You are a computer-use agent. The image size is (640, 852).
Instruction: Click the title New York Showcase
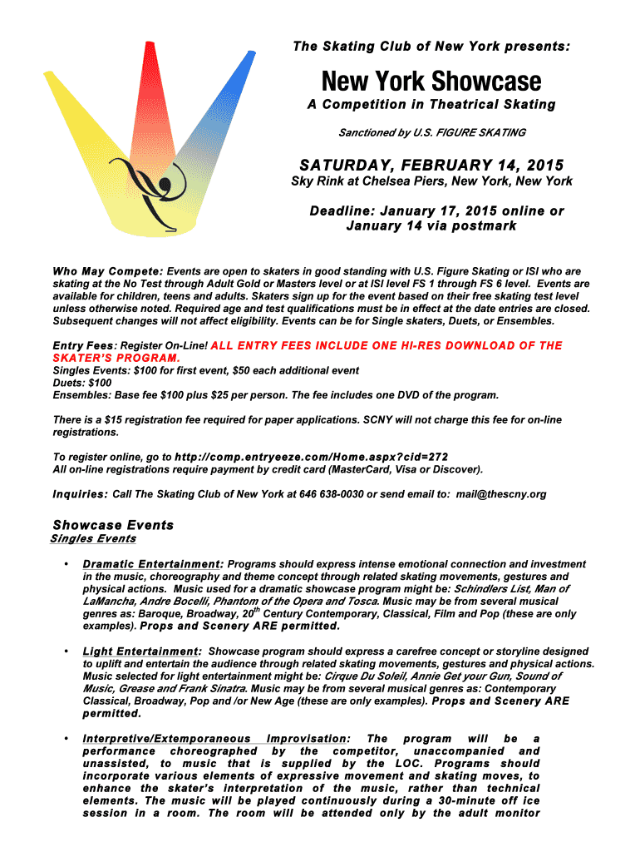(x=431, y=82)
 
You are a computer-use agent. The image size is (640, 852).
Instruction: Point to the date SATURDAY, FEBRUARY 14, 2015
(x=431, y=165)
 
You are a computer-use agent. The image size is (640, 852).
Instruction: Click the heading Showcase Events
(x=113, y=525)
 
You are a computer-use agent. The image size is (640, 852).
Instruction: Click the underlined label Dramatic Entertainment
(x=153, y=564)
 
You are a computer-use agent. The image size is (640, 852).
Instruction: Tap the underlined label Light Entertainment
(x=142, y=651)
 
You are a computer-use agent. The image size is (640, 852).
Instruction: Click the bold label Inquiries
(x=81, y=494)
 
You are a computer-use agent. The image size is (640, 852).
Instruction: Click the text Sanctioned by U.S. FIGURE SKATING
(x=431, y=132)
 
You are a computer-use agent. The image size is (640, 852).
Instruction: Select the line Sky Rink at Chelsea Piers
(x=431, y=181)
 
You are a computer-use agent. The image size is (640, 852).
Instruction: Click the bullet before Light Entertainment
(x=65, y=651)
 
